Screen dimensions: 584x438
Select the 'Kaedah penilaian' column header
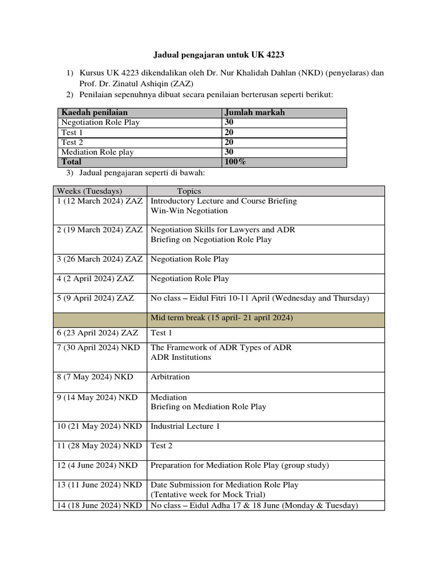click(95, 112)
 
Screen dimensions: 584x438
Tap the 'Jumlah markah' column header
click(254, 112)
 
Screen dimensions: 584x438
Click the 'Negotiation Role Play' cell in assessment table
click(100, 123)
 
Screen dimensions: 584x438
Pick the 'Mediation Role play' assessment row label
click(96, 152)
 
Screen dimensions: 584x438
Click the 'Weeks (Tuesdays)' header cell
click(90, 191)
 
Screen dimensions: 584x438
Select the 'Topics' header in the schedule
click(189, 191)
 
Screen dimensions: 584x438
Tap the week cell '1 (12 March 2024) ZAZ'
click(100, 201)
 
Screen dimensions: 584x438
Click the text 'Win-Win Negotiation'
click(189, 211)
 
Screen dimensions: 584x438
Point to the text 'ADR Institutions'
click(181, 358)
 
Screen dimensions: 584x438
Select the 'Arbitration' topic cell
click(171, 377)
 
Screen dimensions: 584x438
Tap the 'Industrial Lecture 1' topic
click(185, 426)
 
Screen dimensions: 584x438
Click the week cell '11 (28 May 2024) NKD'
click(99, 445)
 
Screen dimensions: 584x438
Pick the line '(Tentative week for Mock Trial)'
click(209, 495)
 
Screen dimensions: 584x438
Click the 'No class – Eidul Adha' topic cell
click(254, 505)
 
